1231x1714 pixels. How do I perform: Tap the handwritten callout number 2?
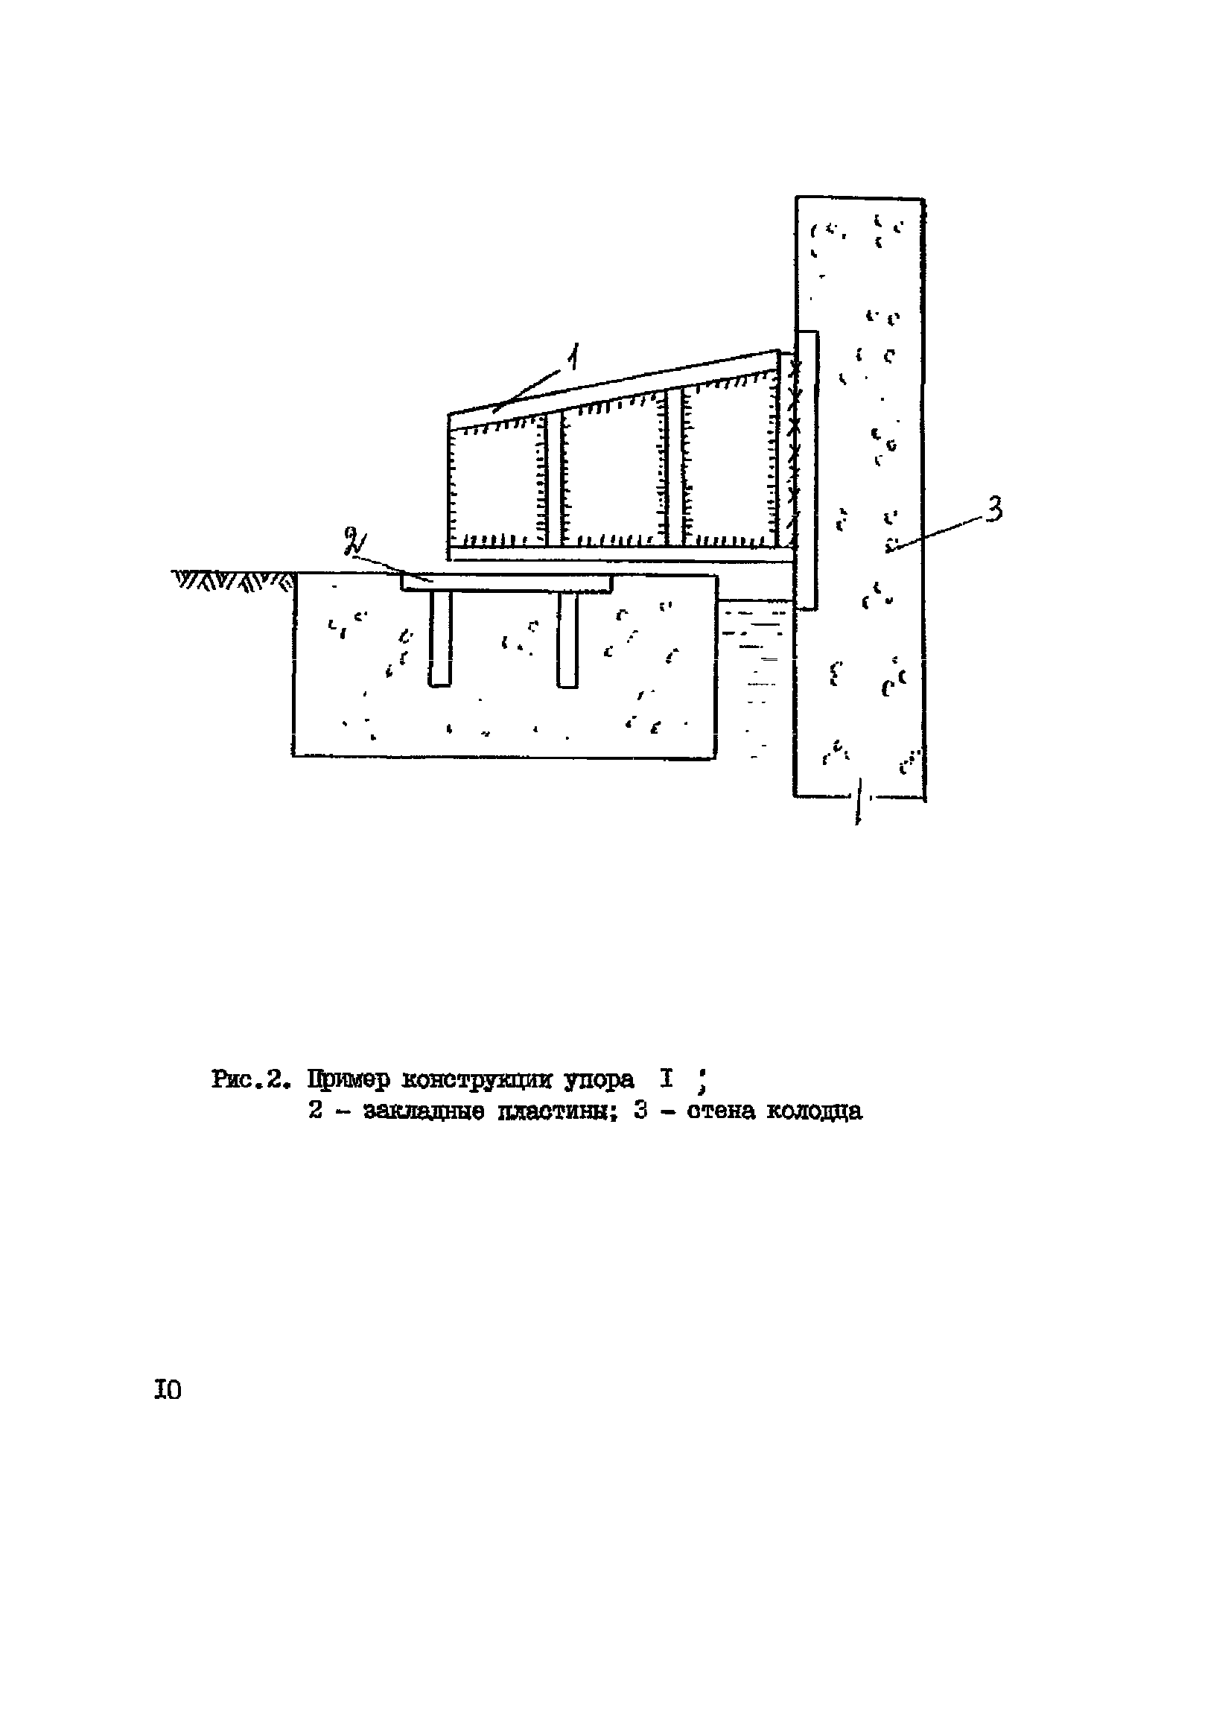click(x=352, y=541)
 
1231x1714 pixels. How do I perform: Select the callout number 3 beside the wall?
click(x=994, y=509)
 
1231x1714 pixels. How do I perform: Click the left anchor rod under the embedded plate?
click(x=440, y=639)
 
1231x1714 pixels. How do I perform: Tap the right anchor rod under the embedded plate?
click(x=567, y=639)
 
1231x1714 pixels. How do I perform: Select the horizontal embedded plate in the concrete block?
click(x=506, y=583)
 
